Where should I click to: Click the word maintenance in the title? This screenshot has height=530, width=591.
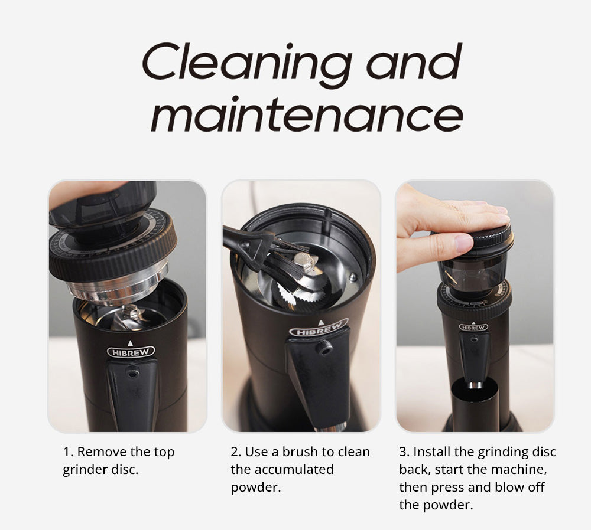point(307,114)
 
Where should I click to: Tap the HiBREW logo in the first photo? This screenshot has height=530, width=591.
point(131,352)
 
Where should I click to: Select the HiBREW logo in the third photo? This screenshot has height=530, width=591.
point(473,327)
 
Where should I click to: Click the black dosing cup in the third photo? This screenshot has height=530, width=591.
point(476,407)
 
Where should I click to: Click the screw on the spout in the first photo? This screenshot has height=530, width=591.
point(134,373)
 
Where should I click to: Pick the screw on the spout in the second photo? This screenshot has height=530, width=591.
point(324,348)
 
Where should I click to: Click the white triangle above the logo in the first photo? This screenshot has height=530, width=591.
point(131,342)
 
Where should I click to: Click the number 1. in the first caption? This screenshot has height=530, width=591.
point(68,453)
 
